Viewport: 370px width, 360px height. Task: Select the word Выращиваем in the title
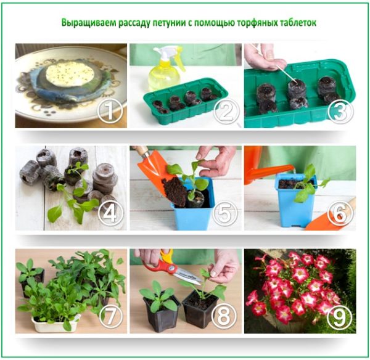tap(88, 23)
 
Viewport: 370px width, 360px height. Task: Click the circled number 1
tap(110, 111)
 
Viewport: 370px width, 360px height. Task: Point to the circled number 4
tap(110, 213)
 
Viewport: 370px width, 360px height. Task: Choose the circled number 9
tap(340, 316)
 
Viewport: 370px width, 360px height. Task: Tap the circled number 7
tap(111, 316)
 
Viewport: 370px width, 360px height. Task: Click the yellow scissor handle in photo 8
tap(166, 256)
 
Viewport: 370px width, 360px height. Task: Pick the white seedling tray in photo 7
tap(55, 324)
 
